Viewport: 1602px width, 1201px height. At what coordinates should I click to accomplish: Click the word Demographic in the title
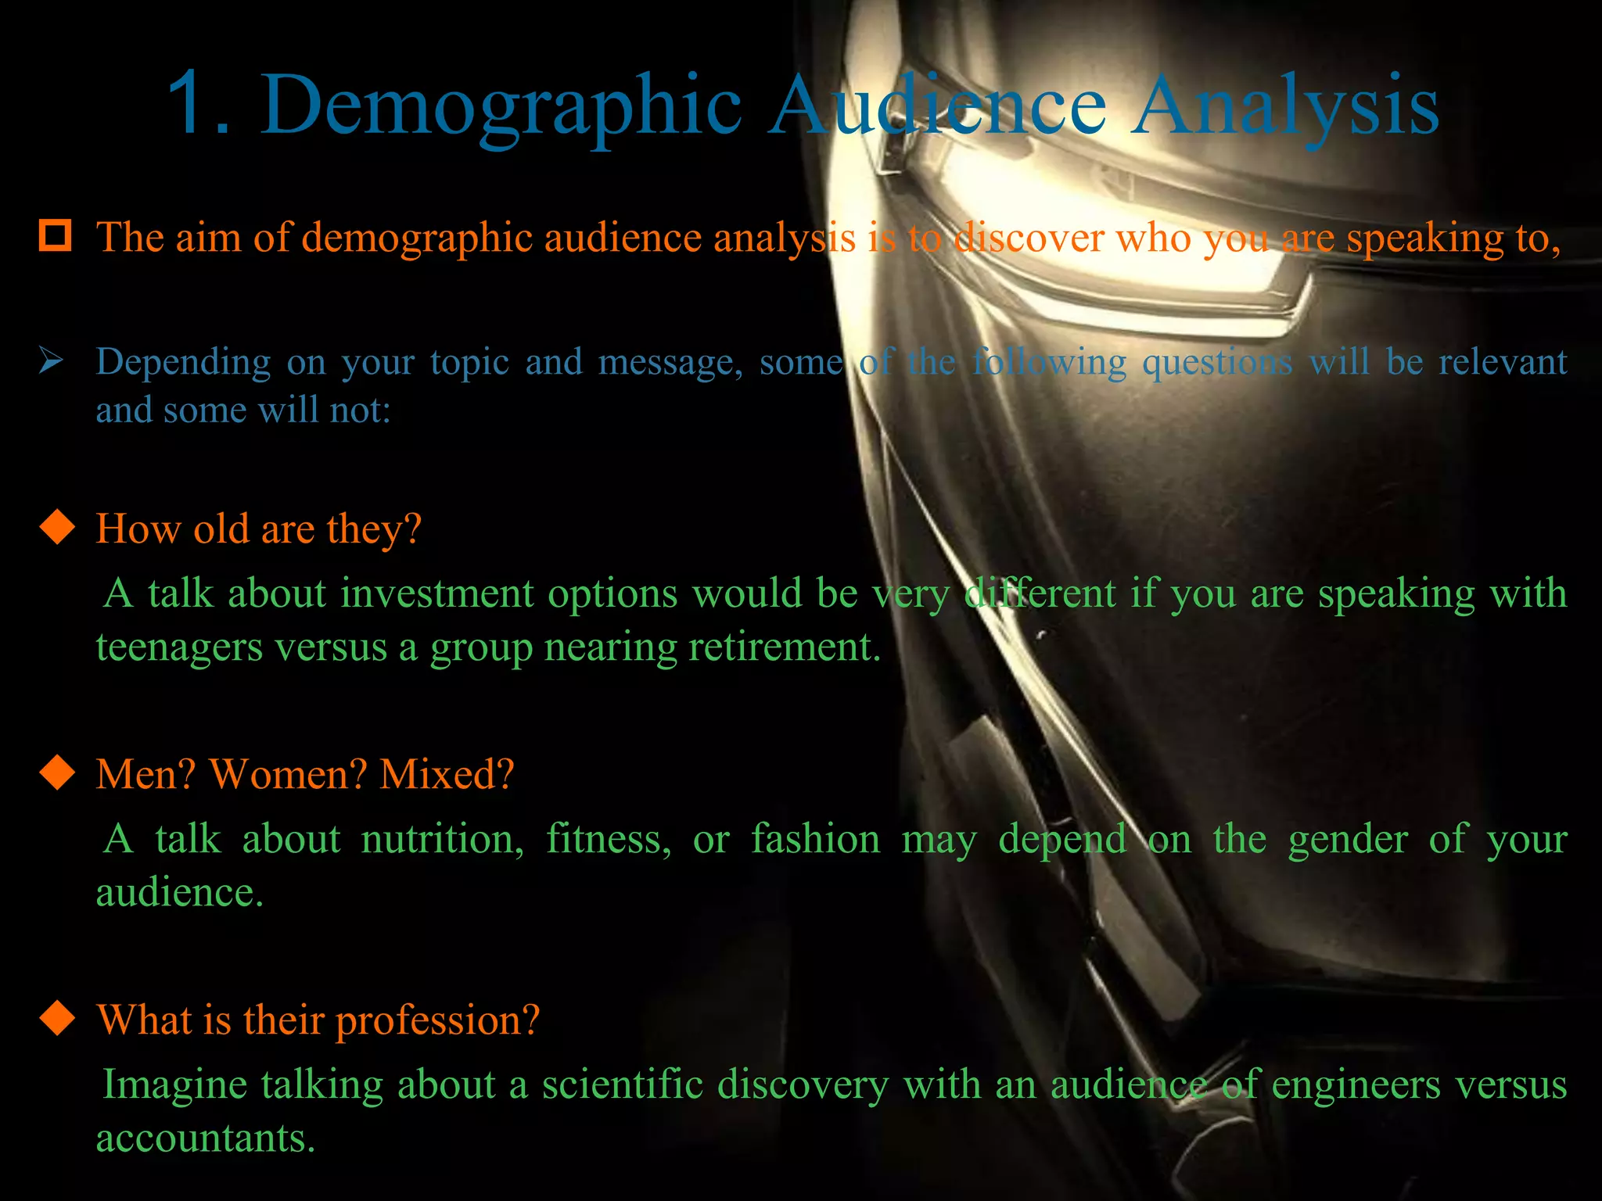(x=501, y=106)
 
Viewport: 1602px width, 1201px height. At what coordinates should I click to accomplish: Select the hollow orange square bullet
(x=56, y=235)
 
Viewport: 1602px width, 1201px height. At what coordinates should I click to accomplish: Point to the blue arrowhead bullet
(x=52, y=361)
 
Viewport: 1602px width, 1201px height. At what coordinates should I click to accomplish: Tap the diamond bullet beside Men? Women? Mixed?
(x=57, y=773)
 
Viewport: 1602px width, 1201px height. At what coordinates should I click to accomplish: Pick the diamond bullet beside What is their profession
(x=57, y=1018)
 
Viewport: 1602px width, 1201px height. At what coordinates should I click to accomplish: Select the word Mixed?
(x=447, y=774)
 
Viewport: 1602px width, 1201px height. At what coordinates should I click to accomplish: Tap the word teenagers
(x=179, y=647)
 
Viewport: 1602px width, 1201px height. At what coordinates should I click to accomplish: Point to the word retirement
(x=790, y=647)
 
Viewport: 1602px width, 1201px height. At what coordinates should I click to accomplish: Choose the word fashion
(x=816, y=839)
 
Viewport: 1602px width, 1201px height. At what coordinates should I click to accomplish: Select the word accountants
(x=205, y=1138)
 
